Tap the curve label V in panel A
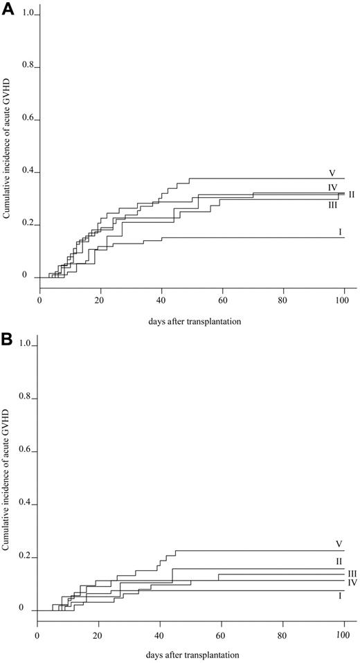point(332,172)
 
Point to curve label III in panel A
point(333,205)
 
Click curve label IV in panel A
point(332,188)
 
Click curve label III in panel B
point(351,573)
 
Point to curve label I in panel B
point(339,595)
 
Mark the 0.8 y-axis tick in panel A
point(28,68)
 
